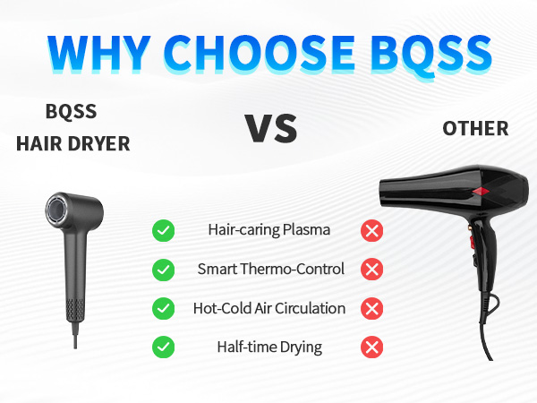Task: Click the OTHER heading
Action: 475,128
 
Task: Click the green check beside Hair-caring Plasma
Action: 163,230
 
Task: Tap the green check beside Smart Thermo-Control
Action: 163,269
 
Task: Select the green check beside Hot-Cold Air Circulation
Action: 163,308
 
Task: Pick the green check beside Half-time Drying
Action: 163,347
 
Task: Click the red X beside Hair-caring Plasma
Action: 371,230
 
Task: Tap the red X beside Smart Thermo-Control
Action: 371,269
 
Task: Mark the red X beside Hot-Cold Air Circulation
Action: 371,308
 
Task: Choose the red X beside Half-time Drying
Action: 371,347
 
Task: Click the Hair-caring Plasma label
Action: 268,230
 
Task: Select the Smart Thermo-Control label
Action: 269,269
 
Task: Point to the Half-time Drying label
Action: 269,347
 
